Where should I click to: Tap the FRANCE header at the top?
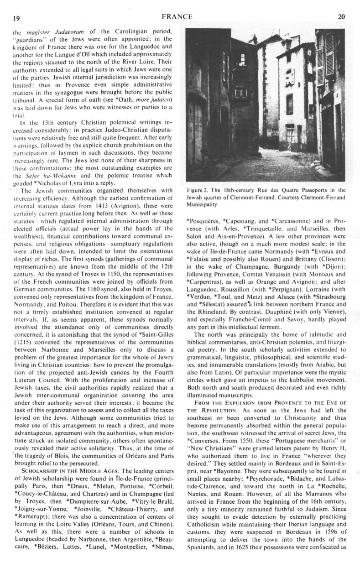(177, 16)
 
